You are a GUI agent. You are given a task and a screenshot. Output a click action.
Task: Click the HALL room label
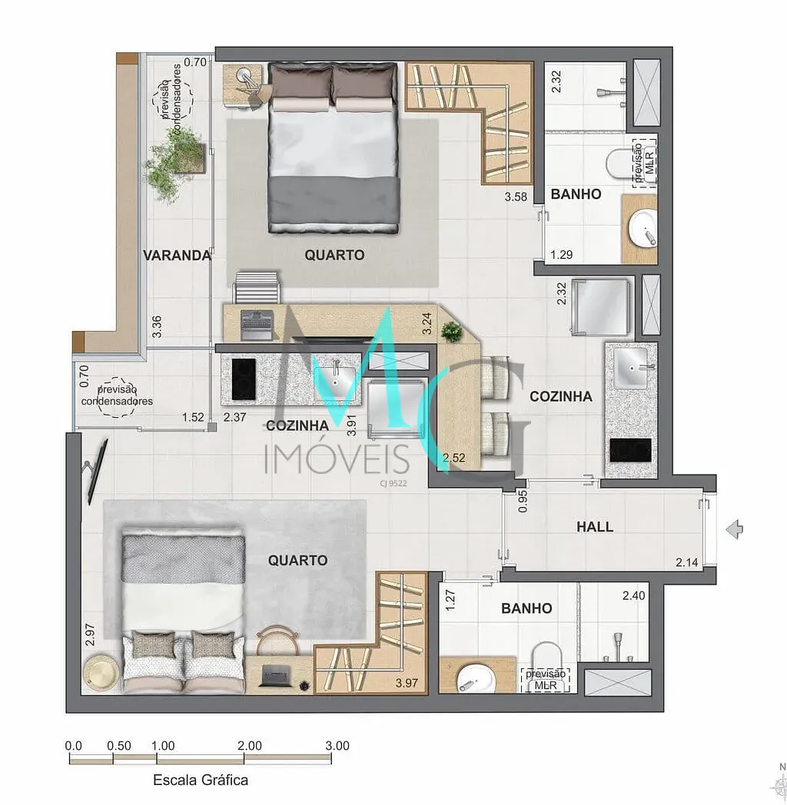tap(594, 527)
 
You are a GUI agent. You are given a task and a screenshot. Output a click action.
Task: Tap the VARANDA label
tap(177, 255)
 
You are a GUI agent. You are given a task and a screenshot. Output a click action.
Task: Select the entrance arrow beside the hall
tap(735, 529)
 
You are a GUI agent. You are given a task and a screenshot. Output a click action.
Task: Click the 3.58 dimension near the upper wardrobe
tap(516, 197)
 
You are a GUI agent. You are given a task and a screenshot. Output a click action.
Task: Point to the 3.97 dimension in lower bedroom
tap(407, 683)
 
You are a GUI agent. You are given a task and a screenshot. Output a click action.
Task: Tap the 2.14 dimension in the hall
tap(687, 563)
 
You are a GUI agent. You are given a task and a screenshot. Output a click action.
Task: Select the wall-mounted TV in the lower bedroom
tap(96, 472)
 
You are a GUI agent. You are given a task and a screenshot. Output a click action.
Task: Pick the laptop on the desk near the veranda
tap(257, 325)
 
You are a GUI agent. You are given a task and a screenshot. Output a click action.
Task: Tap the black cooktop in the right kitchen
tap(630, 450)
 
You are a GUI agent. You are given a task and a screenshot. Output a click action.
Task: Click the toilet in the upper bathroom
tap(622, 164)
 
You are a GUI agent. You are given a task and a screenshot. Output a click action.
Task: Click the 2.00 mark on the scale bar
tap(250, 745)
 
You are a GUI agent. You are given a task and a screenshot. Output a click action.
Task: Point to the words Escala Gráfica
tap(201, 780)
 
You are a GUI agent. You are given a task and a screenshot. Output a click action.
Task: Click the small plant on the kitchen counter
tap(452, 332)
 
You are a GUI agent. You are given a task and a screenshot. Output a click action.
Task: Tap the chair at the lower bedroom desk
tap(277, 640)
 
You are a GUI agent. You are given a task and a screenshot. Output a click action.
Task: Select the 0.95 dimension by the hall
tap(523, 502)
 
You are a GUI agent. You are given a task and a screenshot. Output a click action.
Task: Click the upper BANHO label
tap(576, 194)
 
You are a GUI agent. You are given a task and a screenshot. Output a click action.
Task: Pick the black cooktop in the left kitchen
tap(244, 379)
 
